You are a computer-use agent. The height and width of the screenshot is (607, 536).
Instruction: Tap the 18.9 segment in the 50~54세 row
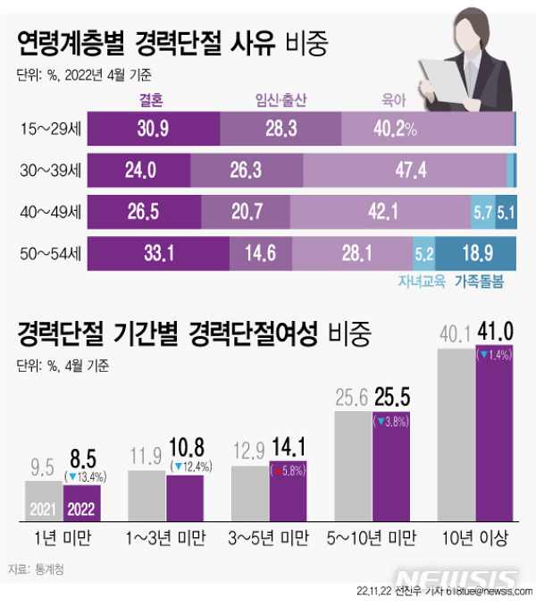pyautogui.click(x=491, y=252)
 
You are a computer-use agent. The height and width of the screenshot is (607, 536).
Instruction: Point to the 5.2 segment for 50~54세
pyautogui.click(x=423, y=253)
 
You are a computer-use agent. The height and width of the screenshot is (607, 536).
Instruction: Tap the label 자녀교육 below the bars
pyautogui.click(x=423, y=281)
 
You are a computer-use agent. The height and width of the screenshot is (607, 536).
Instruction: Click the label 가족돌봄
pyautogui.click(x=479, y=281)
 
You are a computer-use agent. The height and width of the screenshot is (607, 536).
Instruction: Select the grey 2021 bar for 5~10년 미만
pyautogui.click(x=352, y=465)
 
